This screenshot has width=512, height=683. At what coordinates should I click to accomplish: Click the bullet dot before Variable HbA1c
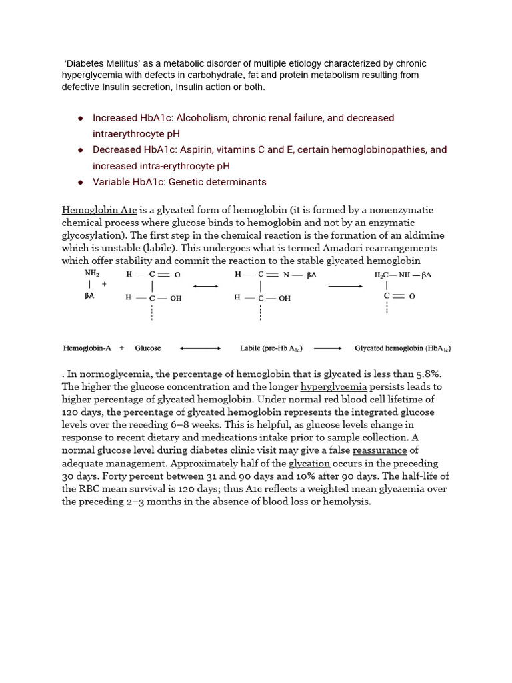pyautogui.click(x=80, y=182)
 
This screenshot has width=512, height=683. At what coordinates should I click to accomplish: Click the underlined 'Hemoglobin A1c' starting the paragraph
pyautogui.click(x=99, y=210)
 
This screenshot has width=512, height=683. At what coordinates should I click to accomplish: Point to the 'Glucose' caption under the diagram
pyautogui.click(x=148, y=348)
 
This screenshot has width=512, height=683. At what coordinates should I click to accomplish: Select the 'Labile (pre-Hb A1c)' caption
pyautogui.click(x=271, y=348)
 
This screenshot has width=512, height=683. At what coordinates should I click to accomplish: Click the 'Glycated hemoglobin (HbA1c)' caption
pyautogui.click(x=403, y=348)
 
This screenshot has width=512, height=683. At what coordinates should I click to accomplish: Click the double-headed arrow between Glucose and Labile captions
pyautogui.click(x=200, y=348)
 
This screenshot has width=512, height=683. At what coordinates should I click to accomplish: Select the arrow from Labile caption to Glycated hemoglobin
pyautogui.click(x=327, y=348)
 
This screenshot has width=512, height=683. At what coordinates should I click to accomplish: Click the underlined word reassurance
pyautogui.click(x=380, y=450)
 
